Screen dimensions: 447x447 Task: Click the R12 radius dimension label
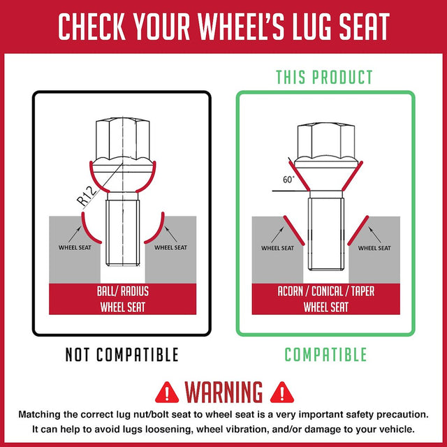pos(87,196)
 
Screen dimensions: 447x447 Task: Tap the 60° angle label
pos(288,179)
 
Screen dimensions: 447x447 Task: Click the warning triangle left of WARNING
pos(167,393)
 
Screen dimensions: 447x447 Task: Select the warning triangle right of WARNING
pos(281,393)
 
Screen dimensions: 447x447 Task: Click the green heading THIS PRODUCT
pos(324,77)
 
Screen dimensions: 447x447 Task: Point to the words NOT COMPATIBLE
pos(122,355)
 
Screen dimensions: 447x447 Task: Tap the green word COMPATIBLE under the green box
pos(325,355)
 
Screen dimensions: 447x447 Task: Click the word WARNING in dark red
pos(223,393)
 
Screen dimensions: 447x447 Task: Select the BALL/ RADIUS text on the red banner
pos(123,291)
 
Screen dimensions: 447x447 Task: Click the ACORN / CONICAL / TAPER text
pos(326,291)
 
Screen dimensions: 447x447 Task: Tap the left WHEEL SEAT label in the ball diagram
pos(75,247)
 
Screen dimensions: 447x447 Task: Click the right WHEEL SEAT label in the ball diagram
pos(170,247)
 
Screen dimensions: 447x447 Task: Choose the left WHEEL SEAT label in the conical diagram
pos(277,248)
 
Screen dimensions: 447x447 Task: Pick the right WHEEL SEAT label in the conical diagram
pos(374,248)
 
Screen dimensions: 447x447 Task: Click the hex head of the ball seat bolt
pos(123,139)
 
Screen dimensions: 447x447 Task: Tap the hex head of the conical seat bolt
pos(326,142)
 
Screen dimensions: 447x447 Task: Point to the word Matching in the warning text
pos(40,415)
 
